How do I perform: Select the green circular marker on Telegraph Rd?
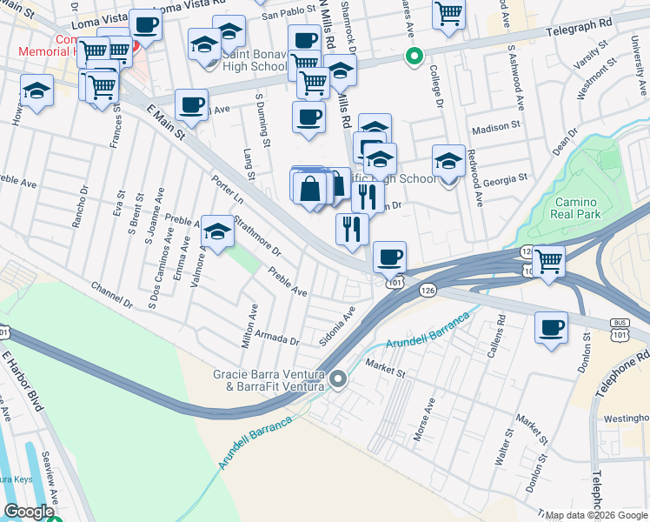coord(415,57)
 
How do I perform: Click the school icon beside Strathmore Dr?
coord(217,232)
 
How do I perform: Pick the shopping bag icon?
coord(309,188)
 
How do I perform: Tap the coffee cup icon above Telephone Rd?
coord(551,329)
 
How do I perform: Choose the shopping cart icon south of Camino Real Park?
coord(548,261)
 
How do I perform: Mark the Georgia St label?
coord(505,178)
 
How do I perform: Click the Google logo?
coord(29,512)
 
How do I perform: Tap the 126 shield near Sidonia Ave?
coord(427,290)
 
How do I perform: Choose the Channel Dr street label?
coord(115,296)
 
